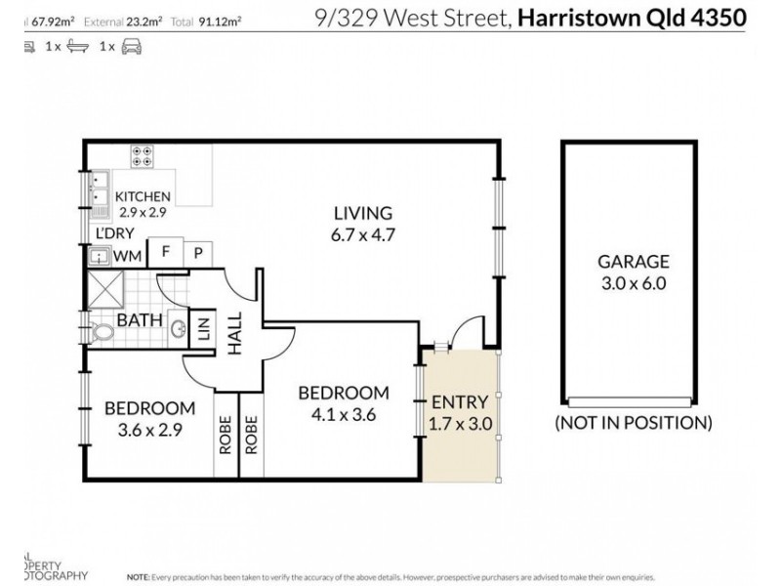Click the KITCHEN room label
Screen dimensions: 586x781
143,196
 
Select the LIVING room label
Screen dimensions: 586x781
363,213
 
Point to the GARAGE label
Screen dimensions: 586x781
633,262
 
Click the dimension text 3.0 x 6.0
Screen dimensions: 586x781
633,284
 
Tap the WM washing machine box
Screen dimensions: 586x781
128,257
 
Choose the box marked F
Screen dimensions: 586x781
166,252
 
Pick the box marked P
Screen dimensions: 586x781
198,252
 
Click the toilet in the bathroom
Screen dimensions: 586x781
100,331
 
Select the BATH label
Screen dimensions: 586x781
134,319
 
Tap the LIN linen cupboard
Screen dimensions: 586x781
204,328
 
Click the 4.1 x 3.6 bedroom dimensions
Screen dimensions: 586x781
343,414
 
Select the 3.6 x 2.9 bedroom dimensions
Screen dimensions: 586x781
149,428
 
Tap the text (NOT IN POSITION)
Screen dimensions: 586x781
633,424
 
